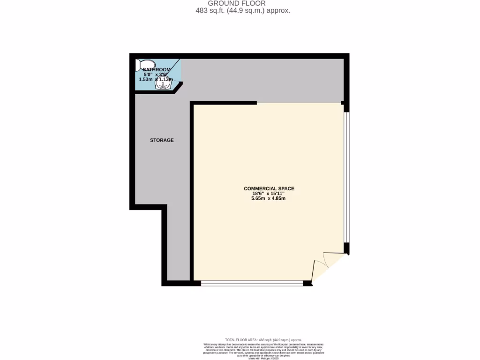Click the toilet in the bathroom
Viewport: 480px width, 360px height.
145,65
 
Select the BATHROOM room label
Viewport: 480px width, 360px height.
157,70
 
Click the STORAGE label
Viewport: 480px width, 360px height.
162,140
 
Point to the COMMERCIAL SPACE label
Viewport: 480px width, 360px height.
269,188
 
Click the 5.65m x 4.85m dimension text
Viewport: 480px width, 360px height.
269,198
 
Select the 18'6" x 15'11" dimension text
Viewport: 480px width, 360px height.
269,193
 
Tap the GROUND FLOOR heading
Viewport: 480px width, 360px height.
240,3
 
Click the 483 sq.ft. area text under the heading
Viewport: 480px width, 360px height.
243,10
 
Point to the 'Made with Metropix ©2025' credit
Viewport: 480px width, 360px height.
263,358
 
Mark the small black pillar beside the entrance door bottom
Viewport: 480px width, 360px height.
307,283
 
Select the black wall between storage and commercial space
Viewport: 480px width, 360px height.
192,192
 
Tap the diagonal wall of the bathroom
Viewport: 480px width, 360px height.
178,88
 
